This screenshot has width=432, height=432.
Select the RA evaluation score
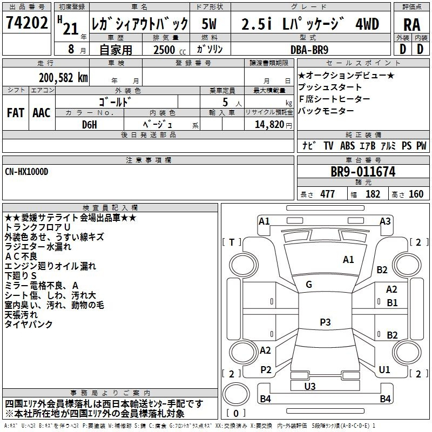(411, 25)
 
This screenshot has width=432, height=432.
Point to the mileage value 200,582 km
(63, 78)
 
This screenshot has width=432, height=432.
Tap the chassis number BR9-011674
(363, 172)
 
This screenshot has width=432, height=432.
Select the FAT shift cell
(15, 113)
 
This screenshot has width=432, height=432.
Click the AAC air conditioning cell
(42, 113)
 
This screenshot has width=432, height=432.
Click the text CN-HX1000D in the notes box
(27, 172)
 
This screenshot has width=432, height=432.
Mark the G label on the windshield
(308, 285)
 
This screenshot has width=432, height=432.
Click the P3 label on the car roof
(325, 322)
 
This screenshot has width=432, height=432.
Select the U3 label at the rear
(309, 386)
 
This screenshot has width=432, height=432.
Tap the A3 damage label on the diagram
(385, 221)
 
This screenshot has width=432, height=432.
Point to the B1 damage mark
(392, 303)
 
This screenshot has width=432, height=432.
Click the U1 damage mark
(384, 370)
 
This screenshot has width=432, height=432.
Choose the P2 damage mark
(265, 370)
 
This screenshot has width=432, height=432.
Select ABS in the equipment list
(347, 146)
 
